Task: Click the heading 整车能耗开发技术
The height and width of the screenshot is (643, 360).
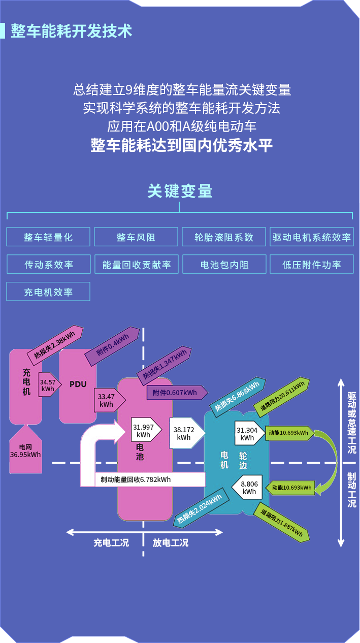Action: coord(71,31)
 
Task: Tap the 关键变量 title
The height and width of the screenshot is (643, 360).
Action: coord(180,191)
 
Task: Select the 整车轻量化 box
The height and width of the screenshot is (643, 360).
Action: coord(48,237)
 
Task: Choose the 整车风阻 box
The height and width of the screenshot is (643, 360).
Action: coord(136,237)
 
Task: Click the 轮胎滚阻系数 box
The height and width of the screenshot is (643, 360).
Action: coord(224,237)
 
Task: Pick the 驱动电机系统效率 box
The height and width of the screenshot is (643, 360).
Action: coord(311,237)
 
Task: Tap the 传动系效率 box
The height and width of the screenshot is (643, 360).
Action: coord(48,265)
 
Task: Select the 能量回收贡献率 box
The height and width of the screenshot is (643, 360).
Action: coord(136,265)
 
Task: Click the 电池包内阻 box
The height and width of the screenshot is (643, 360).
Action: coord(224,265)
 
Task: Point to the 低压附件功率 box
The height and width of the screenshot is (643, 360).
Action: coord(311,265)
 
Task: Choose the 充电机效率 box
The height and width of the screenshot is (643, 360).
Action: coord(48,292)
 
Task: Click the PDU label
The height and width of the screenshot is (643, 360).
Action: coord(78,384)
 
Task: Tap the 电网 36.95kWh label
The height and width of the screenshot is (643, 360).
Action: coord(25,451)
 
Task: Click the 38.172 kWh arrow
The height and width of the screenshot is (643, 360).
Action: coord(185,433)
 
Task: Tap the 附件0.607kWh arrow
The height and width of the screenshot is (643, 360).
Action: coord(176,393)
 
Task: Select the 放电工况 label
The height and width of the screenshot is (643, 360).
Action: coord(171,542)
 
